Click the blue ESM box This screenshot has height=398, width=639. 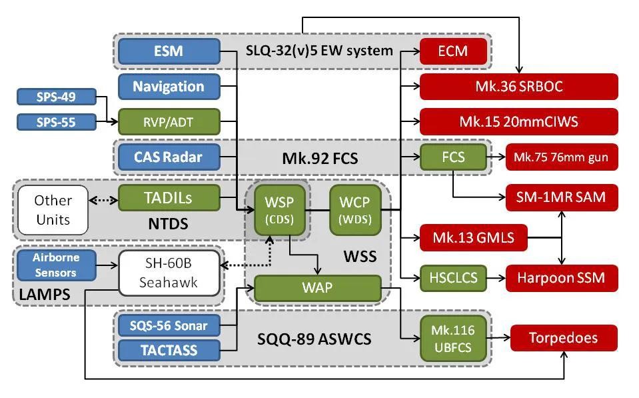pyautogui.click(x=169, y=51)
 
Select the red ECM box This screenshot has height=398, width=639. pyautogui.click(x=452, y=51)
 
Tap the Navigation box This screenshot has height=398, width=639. pyautogui.click(x=169, y=87)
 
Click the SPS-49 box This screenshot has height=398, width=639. pyautogui.click(x=56, y=97)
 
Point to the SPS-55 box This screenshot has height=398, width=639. pyautogui.click(x=56, y=121)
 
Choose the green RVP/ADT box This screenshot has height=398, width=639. pyautogui.click(x=169, y=122)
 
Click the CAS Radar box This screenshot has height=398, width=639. pyautogui.click(x=169, y=157)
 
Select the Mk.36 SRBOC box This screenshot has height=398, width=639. pyautogui.click(x=518, y=87)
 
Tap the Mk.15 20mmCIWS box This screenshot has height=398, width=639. pyautogui.click(x=518, y=122)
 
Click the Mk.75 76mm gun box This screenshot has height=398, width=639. pyautogui.click(x=561, y=157)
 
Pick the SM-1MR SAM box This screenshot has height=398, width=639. pyautogui.click(x=561, y=197)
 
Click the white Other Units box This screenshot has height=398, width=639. pyautogui.click(x=53, y=210)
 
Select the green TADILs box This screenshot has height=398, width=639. pyautogui.click(x=169, y=198)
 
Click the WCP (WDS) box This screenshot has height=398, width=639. pyautogui.click(x=355, y=210)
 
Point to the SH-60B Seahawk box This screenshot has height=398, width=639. pyautogui.click(x=169, y=273)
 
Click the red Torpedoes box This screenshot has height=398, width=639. pyautogui.click(x=564, y=338)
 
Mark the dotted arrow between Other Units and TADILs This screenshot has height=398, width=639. pyautogui.click(x=103, y=199)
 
